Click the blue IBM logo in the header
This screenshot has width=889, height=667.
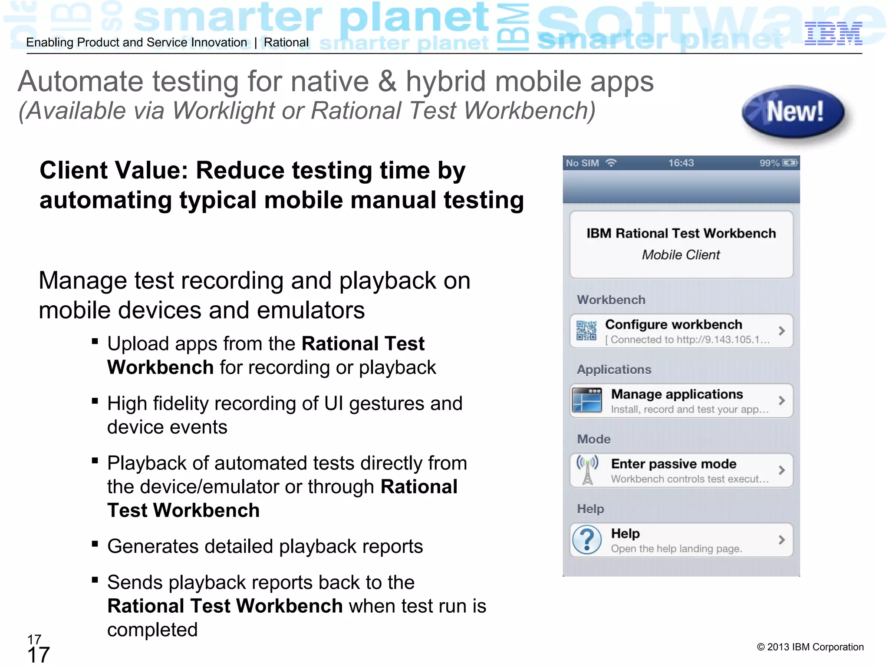point(833,34)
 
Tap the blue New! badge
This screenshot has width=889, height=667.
point(794,112)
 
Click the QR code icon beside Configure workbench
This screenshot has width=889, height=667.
point(586,331)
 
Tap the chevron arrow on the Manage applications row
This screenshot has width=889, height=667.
point(781,400)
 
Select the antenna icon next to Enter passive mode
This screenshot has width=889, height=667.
point(587,469)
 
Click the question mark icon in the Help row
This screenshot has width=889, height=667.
point(587,540)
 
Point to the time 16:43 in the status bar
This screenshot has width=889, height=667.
point(681,163)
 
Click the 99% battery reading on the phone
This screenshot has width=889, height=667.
point(769,163)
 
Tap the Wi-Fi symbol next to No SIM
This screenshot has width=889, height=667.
point(611,163)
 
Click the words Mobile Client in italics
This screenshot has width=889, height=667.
point(681,255)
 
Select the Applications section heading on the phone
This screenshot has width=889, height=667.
point(614,370)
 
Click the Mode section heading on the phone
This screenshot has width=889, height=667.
point(593,439)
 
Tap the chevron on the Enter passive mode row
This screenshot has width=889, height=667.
point(781,470)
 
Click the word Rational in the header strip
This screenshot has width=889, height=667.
point(286,43)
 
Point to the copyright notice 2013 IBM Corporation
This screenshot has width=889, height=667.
point(810,647)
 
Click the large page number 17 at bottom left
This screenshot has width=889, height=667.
point(38,655)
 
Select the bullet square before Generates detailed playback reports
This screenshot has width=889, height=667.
point(95,544)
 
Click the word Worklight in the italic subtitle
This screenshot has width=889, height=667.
point(223,110)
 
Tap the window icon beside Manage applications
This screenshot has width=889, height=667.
point(587,400)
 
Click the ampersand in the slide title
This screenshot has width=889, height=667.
point(387,82)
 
